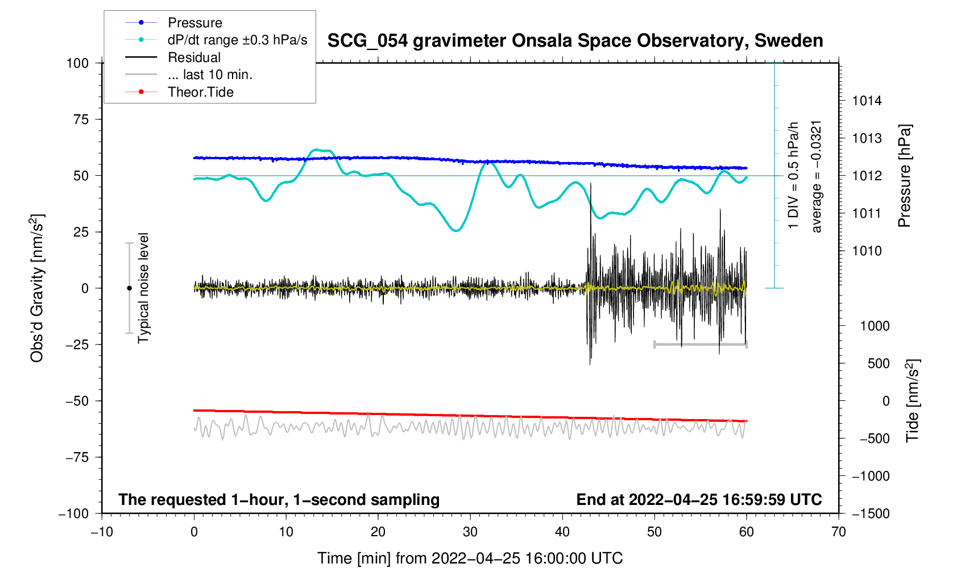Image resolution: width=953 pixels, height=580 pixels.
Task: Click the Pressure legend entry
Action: [x=194, y=23]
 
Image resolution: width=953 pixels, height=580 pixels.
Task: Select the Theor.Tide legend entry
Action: [x=200, y=92]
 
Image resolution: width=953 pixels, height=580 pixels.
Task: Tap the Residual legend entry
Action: [x=194, y=57]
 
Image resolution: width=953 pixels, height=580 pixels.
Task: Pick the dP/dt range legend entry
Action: [x=237, y=40]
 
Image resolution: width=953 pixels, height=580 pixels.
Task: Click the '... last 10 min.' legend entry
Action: [x=210, y=74]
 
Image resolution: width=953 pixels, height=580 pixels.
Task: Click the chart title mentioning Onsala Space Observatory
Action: [x=575, y=40]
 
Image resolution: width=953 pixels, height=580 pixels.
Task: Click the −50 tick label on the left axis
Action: [x=77, y=401]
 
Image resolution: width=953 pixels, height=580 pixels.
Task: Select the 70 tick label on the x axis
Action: [x=838, y=532]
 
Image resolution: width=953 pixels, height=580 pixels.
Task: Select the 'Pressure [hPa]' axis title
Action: [x=904, y=176]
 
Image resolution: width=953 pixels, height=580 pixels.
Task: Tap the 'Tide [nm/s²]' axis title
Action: [x=912, y=401]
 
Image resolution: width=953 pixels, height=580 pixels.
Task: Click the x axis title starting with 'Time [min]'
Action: [x=470, y=558]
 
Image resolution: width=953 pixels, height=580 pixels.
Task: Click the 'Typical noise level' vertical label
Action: [x=143, y=288]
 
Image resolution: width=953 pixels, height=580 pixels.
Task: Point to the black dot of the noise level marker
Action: [x=129, y=288]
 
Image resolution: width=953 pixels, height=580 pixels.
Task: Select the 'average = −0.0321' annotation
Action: [x=817, y=176]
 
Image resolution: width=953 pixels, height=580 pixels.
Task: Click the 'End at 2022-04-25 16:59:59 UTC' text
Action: [x=699, y=499]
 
